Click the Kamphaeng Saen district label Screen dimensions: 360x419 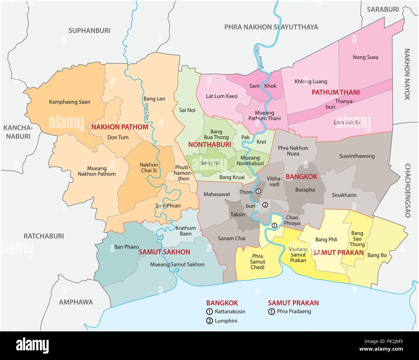click(x=70, y=102)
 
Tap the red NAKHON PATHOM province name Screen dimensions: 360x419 click(x=120, y=127)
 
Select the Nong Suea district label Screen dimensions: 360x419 click(x=365, y=57)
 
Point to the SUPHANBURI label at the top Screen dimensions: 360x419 click(x=89, y=31)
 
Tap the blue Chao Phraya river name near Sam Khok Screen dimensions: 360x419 click(x=260, y=58)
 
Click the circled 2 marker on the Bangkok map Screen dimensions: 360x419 click(x=265, y=204)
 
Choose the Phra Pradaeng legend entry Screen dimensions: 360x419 click(x=294, y=311)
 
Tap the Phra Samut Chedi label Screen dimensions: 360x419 click(x=258, y=262)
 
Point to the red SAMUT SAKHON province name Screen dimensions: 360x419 click(x=164, y=252)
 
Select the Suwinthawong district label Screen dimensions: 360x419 click(x=357, y=156)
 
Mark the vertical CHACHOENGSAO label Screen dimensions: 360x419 click(x=407, y=191)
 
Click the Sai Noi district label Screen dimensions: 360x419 click(x=187, y=110)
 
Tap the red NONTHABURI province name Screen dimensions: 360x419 click(x=209, y=145)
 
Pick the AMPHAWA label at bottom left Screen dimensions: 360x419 click(x=76, y=302)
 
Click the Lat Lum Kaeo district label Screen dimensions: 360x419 click(x=222, y=96)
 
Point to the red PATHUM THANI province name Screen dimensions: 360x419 click(x=336, y=92)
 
